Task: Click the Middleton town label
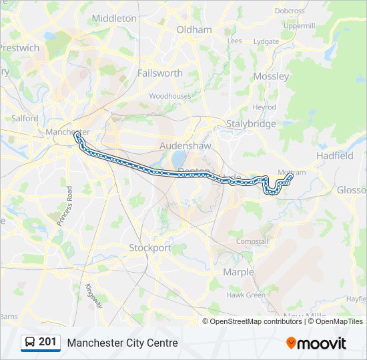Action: tap(113, 19)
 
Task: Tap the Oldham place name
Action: tap(194, 29)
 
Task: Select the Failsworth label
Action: tap(159, 73)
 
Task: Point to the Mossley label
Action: tap(272, 76)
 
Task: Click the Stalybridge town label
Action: tap(251, 124)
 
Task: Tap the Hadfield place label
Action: tap(335, 155)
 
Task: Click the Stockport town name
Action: tap(149, 247)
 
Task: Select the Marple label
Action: tap(238, 272)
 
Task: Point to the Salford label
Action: tap(25, 118)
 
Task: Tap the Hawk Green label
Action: tap(246, 295)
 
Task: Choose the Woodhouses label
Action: tap(169, 96)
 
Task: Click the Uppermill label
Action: tap(298, 25)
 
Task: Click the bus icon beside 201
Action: tap(30, 342)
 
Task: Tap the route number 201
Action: tap(47, 342)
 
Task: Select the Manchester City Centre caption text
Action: tap(122, 343)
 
